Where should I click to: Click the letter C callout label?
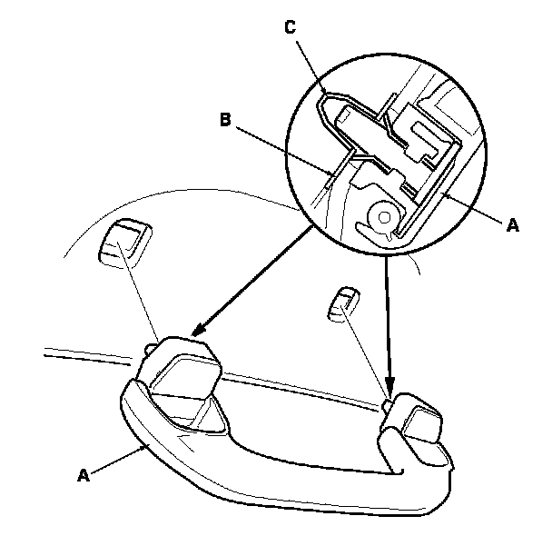[290, 27]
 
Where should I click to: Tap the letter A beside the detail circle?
[512, 227]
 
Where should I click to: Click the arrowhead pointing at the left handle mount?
[195, 333]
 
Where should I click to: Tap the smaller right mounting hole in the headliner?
[342, 303]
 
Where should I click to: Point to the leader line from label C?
[309, 60]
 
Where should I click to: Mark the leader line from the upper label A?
[477, 211]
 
